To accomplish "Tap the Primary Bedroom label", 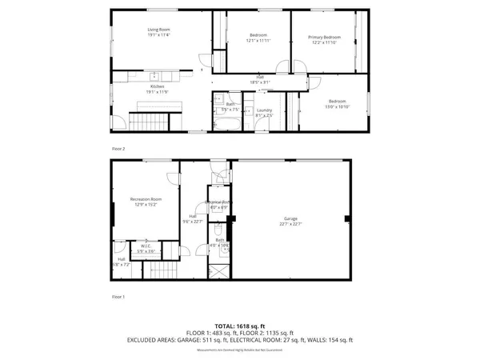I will point(326,37).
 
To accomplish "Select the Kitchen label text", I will point(158,86).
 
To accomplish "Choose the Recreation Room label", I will point(146,198).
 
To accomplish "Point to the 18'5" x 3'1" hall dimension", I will point(260,82).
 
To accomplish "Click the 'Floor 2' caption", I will point(118,149).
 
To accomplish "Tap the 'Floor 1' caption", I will point(118,297).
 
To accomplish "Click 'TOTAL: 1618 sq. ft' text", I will point(239,326).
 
